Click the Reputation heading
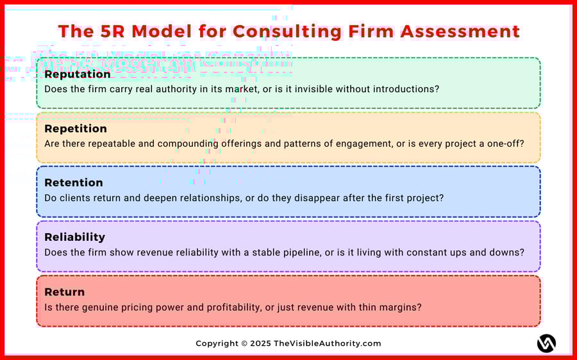(x=78, y=74)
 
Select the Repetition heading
(x=76, y=129)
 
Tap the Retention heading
(x=74, y=183)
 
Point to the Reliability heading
(x=75, y=237)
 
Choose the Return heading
(x=65, y=292)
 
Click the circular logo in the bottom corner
(x=546, y=343)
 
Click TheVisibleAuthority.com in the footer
(x=327, y=343)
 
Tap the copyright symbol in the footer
(x=244, y=343)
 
